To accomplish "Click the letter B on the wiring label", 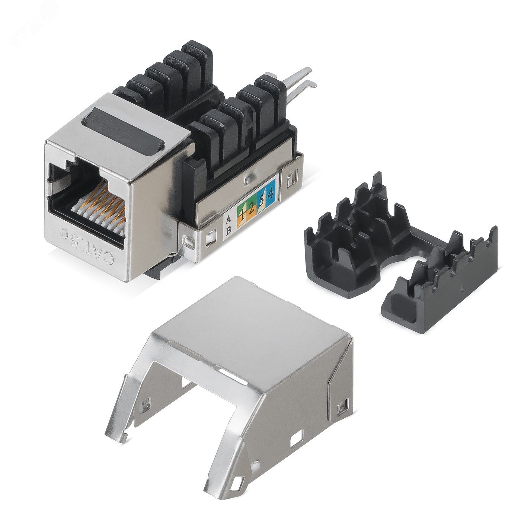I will [x=228, y=230].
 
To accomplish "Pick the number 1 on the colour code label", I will [x=242, y=214].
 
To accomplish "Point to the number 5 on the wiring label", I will [x=262, y=201].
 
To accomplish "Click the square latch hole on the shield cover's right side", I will [x=342, y=408].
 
